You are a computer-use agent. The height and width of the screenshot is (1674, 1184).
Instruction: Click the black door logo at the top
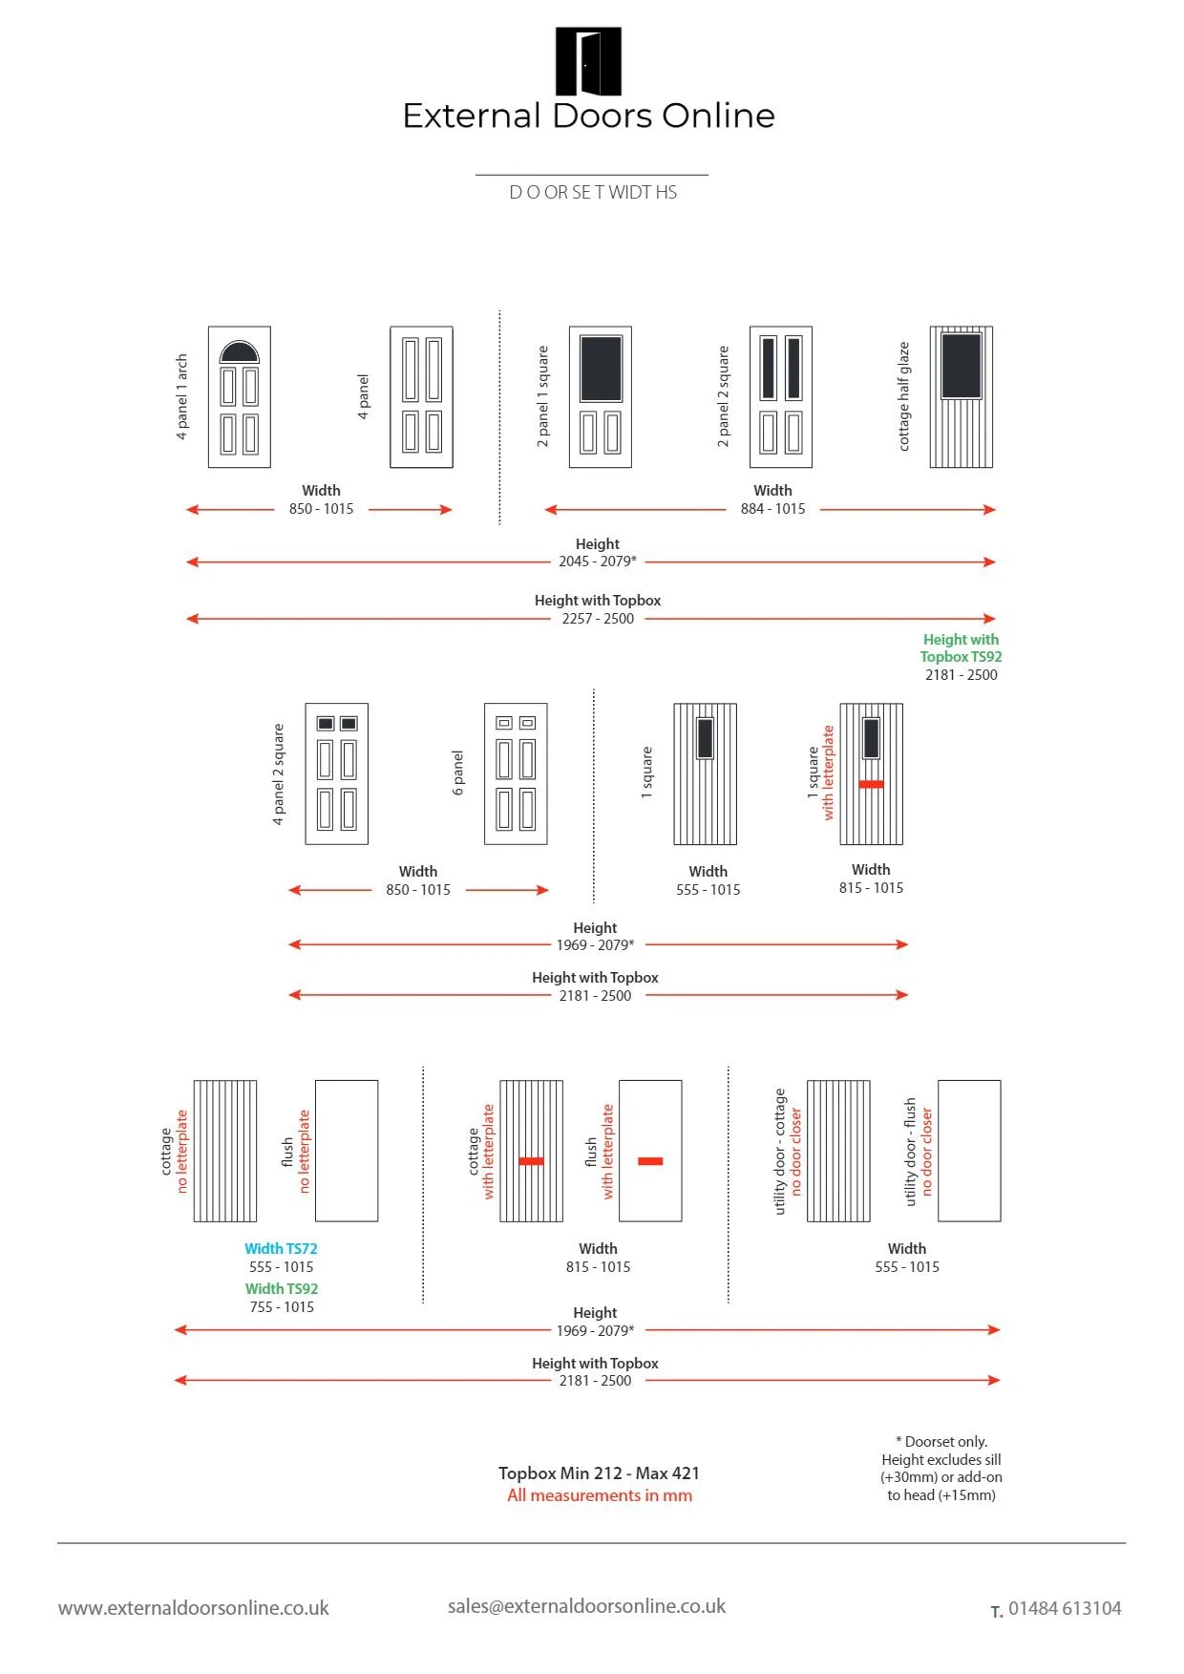point(588,62)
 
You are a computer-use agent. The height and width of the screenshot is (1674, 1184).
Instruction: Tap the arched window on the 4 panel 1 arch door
point(239,353)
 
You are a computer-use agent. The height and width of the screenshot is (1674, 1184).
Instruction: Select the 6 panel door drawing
point(516,773)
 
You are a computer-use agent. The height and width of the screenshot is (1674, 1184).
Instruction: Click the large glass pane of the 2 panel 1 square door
point(601,368)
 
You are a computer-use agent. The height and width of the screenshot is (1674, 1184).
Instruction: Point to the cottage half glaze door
point(962,396)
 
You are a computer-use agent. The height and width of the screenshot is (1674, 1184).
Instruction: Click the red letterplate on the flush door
point(650,1161)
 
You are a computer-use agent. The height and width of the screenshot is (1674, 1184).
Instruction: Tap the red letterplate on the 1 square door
point(871,784)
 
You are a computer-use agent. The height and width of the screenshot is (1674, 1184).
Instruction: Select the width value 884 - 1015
point(772,509)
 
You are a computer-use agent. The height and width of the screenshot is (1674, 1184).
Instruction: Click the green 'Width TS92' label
point(282,1288)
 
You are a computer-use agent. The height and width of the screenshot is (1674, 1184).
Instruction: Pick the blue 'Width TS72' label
point(281,1248)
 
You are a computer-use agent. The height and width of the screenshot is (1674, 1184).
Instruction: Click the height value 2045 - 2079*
point(598,562)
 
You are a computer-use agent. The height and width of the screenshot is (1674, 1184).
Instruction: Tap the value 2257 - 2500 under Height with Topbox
point(598,619)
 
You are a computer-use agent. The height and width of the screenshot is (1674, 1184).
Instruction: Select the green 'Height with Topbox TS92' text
point(961,647)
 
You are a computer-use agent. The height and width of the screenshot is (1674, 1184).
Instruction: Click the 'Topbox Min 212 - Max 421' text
point(599,1473)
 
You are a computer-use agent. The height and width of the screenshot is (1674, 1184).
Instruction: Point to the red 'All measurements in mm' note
point(600,1495)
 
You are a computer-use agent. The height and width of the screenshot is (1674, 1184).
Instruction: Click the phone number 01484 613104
point(1065,1608)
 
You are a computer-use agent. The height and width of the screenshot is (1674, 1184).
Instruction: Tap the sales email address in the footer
point(586,1606)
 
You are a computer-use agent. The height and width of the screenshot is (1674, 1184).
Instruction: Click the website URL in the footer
point(194,1608)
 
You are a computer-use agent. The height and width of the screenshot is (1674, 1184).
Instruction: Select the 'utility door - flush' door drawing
point(969,1151)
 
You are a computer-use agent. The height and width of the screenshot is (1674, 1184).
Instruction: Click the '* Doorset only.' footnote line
point(941,1441)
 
